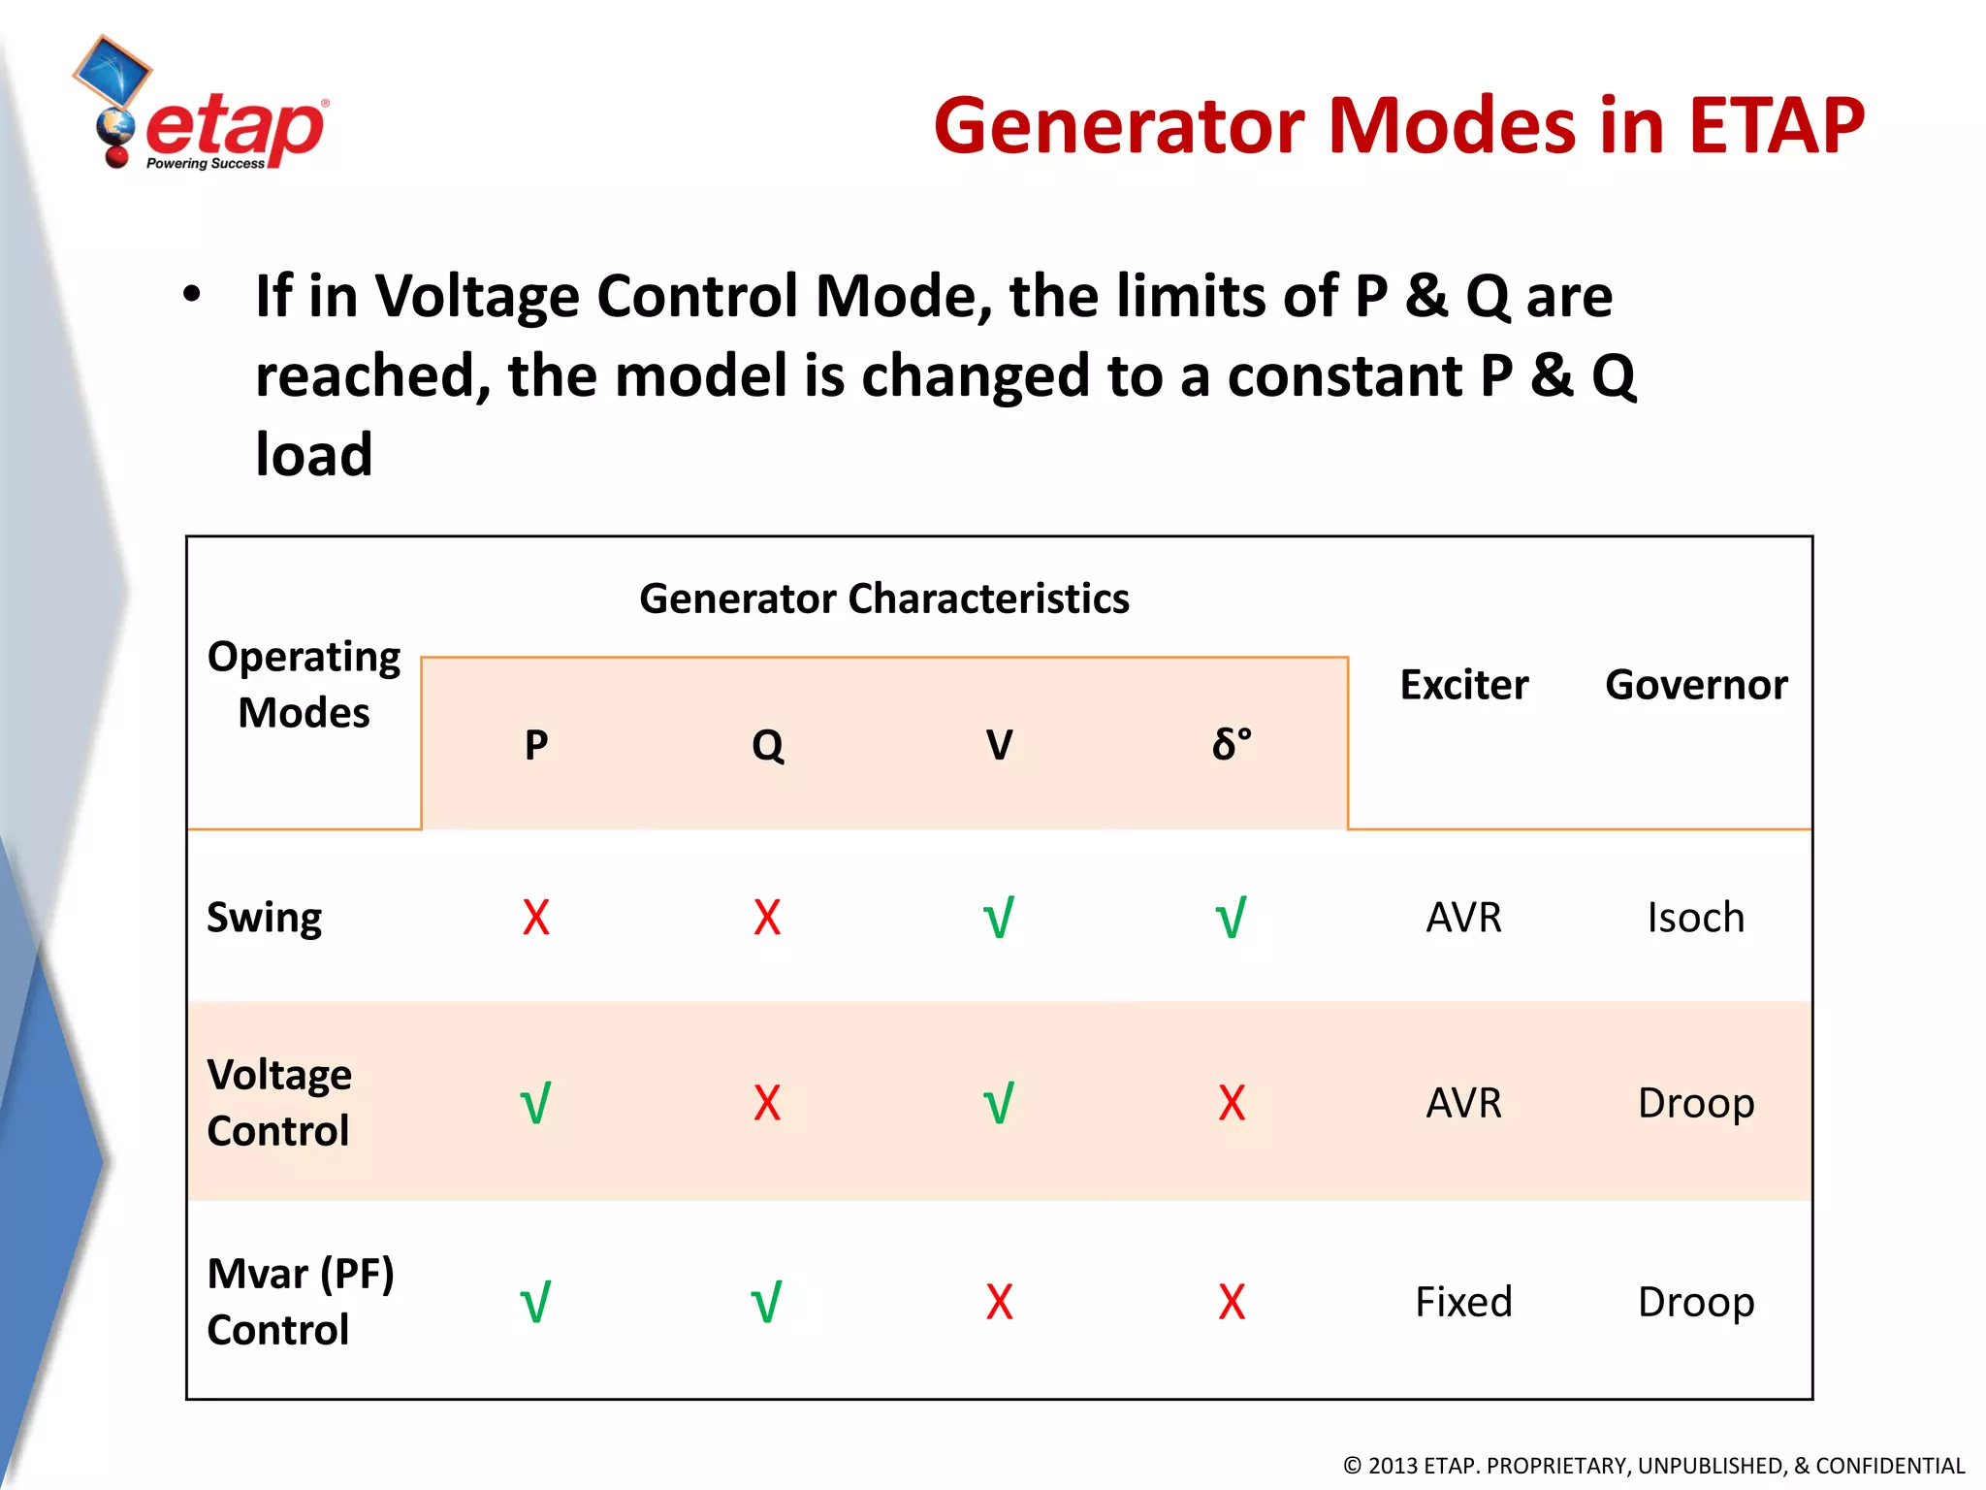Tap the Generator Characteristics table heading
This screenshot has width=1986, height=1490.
click(x=883, y=599)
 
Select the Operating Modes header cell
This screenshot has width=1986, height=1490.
click(x=304, y=685)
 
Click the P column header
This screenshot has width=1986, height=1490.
click(x=536, y=745)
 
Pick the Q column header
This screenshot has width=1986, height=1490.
click(x=767, y=745)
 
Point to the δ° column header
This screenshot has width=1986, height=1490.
click(x=1232, y=745)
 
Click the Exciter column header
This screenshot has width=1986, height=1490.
click(x=1463, y=685)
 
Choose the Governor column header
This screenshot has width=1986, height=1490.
click(x=1695, y=685)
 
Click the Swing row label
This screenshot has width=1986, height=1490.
click(x=264, y=918)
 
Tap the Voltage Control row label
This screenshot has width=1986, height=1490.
click(x=279, y=1103)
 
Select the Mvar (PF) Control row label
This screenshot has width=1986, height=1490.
click(x=301, y=1301)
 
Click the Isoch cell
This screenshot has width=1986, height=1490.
click(x=1695, y=918)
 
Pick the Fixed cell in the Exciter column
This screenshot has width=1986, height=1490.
click(x=1463, y=1302)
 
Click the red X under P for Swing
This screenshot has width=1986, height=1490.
click(x=536, y=918)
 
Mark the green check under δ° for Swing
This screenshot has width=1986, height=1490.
click(x=1232, y=918)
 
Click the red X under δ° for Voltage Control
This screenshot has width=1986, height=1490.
click(x=1232, y=1104)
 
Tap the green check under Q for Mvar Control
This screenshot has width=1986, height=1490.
click(x=767, y=1303)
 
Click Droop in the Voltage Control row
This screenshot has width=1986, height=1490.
click(x=1695, y=1104)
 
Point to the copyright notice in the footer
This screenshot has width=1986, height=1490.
click(x=1653, y=1466)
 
